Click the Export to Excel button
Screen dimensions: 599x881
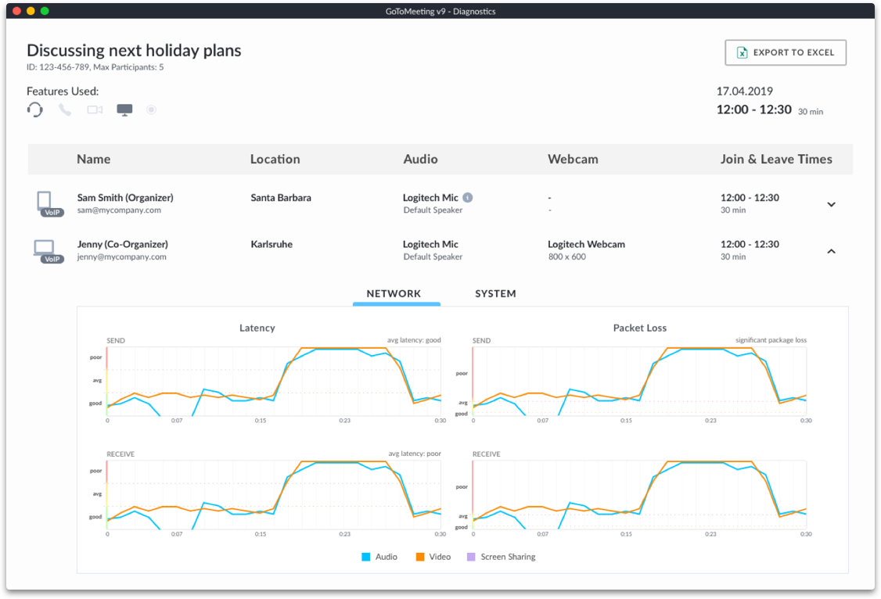coord(785,52)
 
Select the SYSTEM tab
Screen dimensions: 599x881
coord(495,294)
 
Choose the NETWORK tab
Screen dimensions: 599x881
coord(394,294)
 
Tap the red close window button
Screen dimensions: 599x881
coord(16,11)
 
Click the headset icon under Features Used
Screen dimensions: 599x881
coord(35,109)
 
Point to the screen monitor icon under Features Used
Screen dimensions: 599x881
coord(124,109)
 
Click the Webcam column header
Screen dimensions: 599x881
coord(573,160)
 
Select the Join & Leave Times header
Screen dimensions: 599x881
coord(776,160)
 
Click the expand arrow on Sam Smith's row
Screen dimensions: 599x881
coord(831,205)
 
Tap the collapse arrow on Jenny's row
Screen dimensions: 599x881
coord(831,251)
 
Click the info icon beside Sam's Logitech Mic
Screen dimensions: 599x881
coord(467,198)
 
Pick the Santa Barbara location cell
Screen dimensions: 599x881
coord(281,198)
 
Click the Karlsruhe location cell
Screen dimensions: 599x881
coord(271,244)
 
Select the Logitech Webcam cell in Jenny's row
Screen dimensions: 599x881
coord(586,244)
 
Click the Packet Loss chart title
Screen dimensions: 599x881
coord(639,328)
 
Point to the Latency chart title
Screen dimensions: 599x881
coord(257,328)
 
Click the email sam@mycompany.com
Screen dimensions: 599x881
coord(119,210)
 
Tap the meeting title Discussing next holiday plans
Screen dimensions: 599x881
coord(134,51)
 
